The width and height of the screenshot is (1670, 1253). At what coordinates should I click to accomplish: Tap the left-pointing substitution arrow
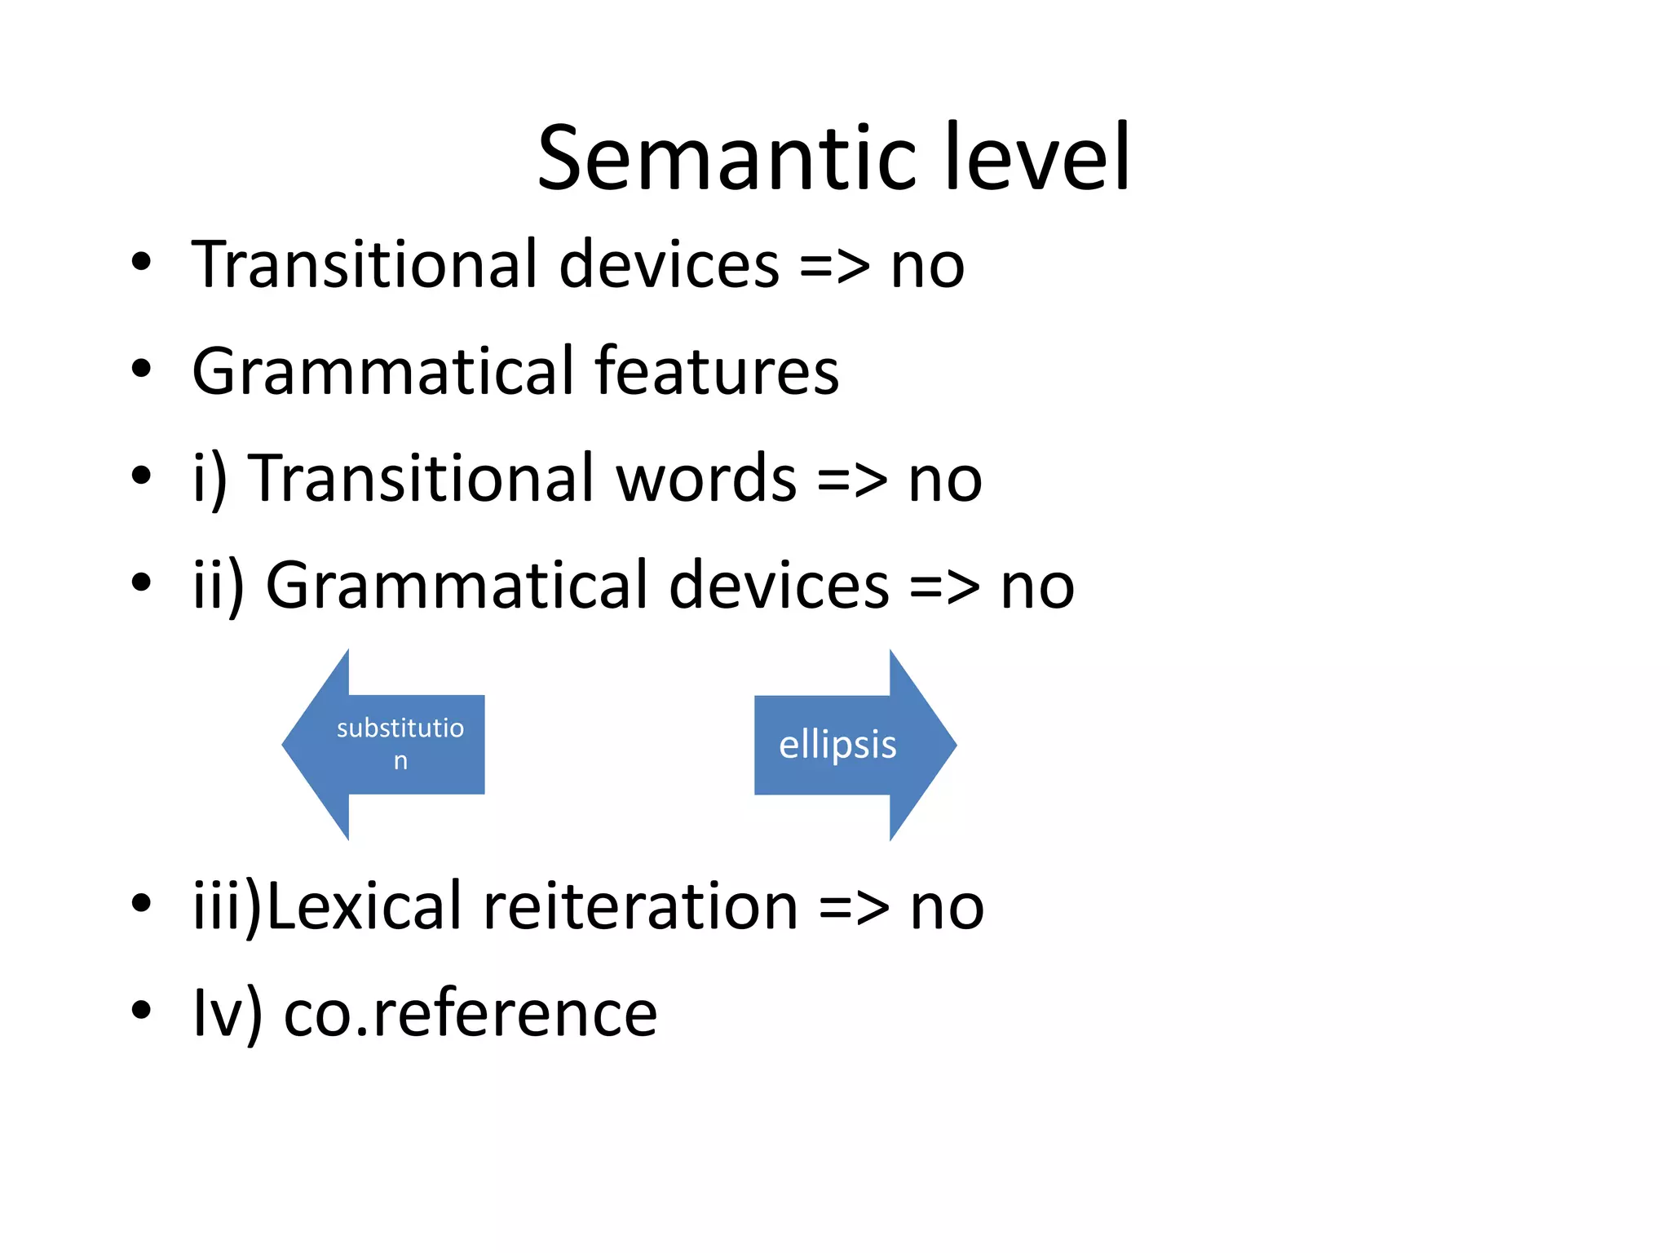(x=383, y=745)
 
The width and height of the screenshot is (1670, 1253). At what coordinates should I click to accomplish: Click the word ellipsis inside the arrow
(x=837, y=745)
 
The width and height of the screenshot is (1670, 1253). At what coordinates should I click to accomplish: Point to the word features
(x=717, y=371)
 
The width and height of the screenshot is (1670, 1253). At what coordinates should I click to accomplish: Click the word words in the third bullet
(x=706, y=479)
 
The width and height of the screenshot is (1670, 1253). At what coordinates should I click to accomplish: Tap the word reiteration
(x=640, y=906)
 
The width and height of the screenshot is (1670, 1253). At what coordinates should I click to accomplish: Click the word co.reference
(x=471, y=1014)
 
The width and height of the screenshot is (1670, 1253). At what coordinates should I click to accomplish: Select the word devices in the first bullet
(x=669, y=265)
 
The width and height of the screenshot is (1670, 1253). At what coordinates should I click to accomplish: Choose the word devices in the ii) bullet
(x=779, y=586)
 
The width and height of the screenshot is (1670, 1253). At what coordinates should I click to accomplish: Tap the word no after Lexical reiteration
(x=947, y=908)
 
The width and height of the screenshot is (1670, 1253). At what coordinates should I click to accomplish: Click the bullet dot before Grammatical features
(x=141, y=369)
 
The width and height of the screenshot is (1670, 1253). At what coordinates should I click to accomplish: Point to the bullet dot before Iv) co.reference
(x=141, y=1010)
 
